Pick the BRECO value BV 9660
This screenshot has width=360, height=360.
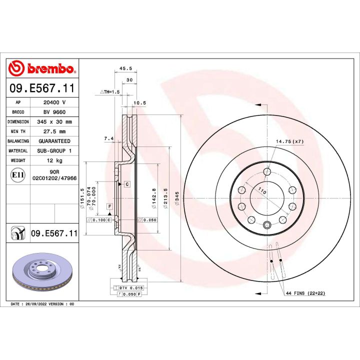point(54,112)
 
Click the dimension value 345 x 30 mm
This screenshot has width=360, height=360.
point(54,122)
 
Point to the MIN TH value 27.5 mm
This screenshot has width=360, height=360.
point(54,131)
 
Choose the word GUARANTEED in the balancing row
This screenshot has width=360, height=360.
point(54,141)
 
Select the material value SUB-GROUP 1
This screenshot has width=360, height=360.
point(54,150)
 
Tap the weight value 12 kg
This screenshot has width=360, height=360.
point(54,160)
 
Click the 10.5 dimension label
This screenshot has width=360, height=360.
point(140,103)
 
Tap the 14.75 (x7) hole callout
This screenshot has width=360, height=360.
point(290,142)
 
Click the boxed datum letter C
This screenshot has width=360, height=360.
point(127,184)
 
